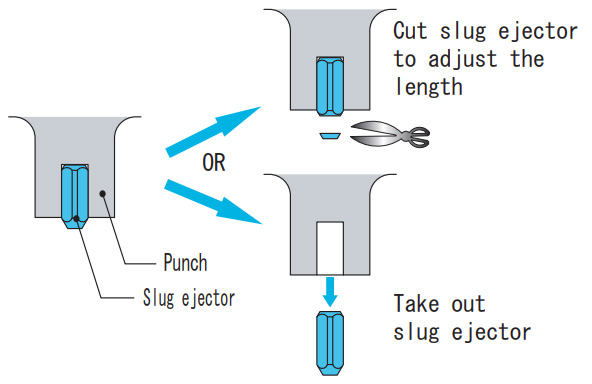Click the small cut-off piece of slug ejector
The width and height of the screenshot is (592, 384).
[x=330, y=134]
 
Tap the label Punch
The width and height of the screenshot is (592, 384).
[x=184, y=264]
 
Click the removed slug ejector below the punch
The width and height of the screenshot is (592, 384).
[x=330, y=342]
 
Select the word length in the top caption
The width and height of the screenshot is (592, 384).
[x=428, y=88]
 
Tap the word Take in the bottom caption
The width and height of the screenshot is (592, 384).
[x=420, y=303]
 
